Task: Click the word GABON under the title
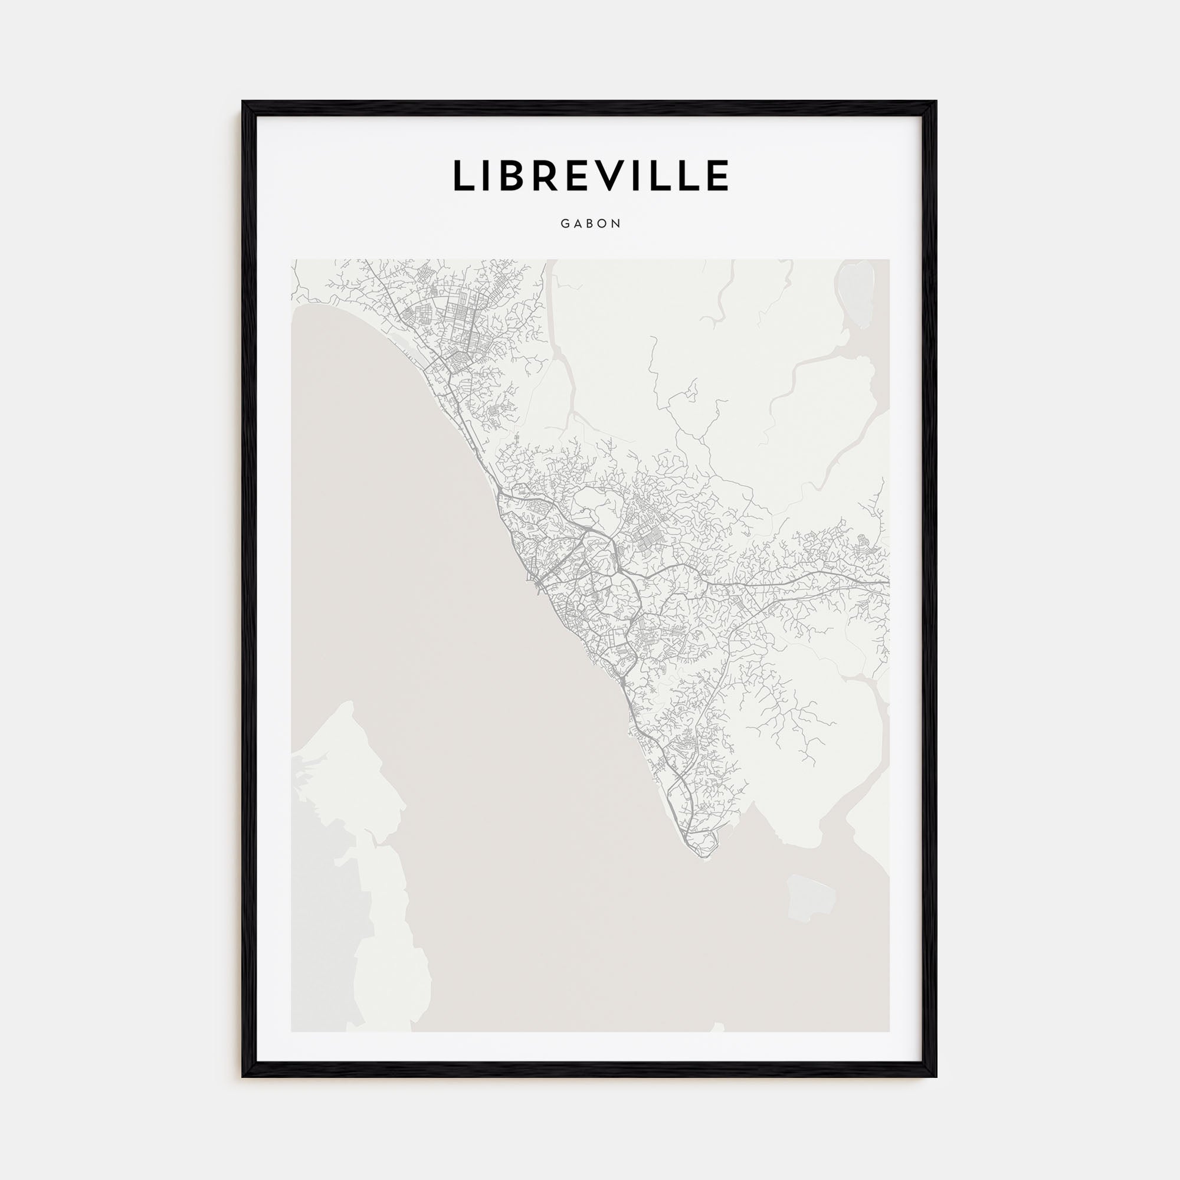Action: tap(591, 224)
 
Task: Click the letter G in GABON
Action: tap(565, 224)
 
